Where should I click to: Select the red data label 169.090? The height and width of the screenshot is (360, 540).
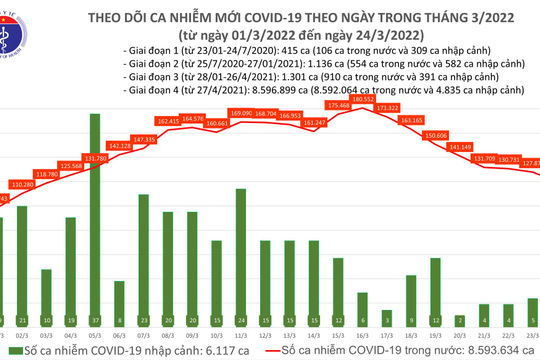[241, 114]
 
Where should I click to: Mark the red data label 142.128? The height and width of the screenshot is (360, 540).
[119, 146]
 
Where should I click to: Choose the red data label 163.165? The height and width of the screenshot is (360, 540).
[411, 120]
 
